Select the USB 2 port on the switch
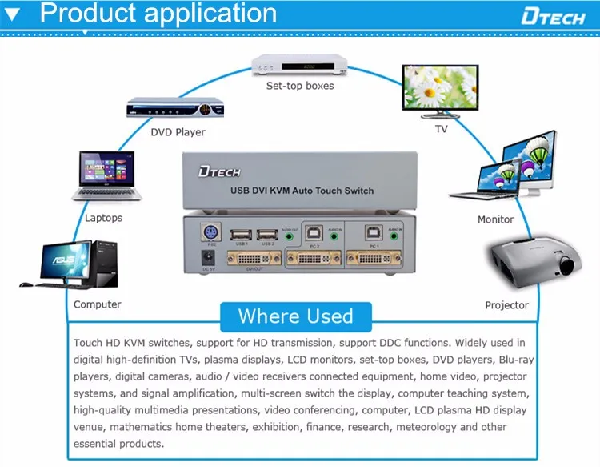pos(267,235)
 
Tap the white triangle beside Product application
pos(13,14)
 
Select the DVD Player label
pos(178,132)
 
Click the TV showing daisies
pos(441,91)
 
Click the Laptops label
pos(104,218)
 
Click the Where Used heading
pos(295,316)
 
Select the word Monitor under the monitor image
pos(495,219)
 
